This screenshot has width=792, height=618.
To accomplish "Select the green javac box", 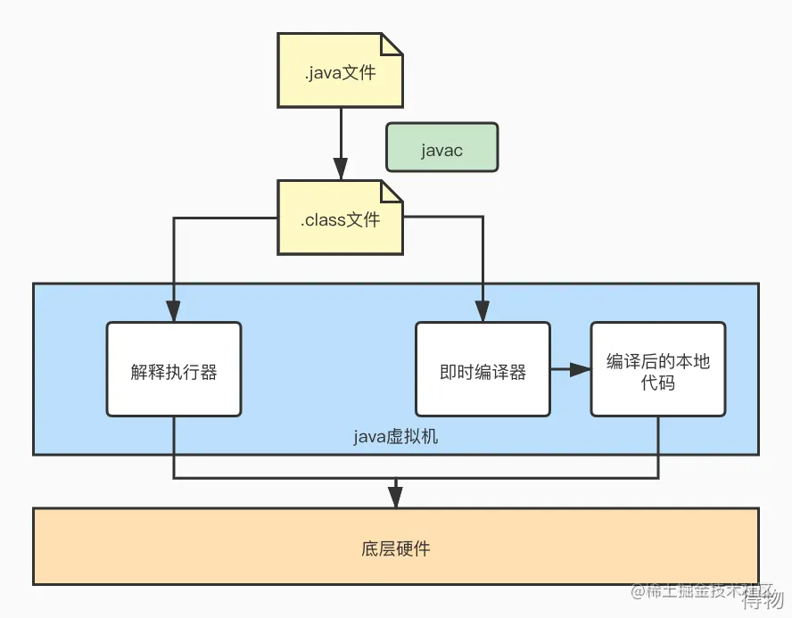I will tap(441, 147).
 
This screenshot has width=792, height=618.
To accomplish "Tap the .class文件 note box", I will tap(340, 219).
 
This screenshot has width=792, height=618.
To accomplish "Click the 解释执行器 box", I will tap(174, 369).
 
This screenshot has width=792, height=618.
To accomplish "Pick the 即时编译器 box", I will tap(483, 369).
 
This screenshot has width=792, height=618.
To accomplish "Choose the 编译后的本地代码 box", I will tap(658, 369).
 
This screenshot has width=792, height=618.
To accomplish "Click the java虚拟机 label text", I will tap(396, 437).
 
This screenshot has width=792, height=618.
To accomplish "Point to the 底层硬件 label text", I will tap(396, 548).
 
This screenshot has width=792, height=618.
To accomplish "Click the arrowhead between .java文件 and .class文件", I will tap(340, 169).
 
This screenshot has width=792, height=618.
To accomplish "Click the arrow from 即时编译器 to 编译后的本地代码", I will tap(570, 369).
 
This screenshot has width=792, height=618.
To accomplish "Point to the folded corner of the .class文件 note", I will tap(392, 191).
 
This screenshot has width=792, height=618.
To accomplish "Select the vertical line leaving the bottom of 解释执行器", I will tap(174, 446).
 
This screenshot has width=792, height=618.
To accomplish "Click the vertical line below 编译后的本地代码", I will tap(658, 446).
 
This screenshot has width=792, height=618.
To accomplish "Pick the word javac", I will tap(441, 148).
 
